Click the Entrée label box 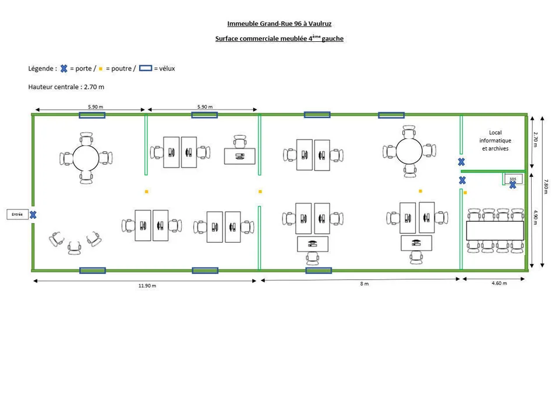(x=17, y=215)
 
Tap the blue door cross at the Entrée (x=33, y=215)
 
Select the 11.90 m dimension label (x=147, y=286)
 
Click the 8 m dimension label (x=365, y=284)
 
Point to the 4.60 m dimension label (x=499, y=283)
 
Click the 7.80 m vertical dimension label (x=546, y=187)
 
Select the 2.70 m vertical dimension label (x=536, y=139)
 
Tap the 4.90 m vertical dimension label (x=536, y=217)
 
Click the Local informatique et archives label (x=495, y=140)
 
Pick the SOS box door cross (x=512, y=185)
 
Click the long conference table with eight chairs (x=495, y=230)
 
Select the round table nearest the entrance (x=86, y=158)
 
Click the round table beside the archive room (x=409, y=151)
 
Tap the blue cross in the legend (x=64, y=69)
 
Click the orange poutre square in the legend (x=101, y=69)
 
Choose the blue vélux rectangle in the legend (x=146, y=68)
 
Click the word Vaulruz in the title (x=320, y=24)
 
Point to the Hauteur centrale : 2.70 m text (x=66, y=87)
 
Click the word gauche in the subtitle (x=332, y=38)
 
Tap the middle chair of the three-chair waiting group (x=75, y=248)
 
